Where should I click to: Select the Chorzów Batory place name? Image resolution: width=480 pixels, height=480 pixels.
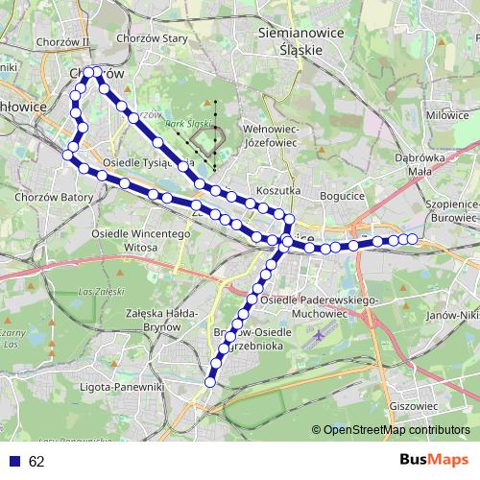[x=54, y=197]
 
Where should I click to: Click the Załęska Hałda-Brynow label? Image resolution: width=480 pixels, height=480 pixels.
[x=161, y=320]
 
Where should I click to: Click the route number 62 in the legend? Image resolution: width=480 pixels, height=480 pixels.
[x=36, y=462]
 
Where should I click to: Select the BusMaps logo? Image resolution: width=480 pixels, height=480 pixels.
[x=433, y=461]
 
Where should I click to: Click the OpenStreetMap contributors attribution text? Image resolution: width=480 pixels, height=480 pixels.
[x=395, y=429]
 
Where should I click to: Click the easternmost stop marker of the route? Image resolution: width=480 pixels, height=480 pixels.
[x=413, y=238]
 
